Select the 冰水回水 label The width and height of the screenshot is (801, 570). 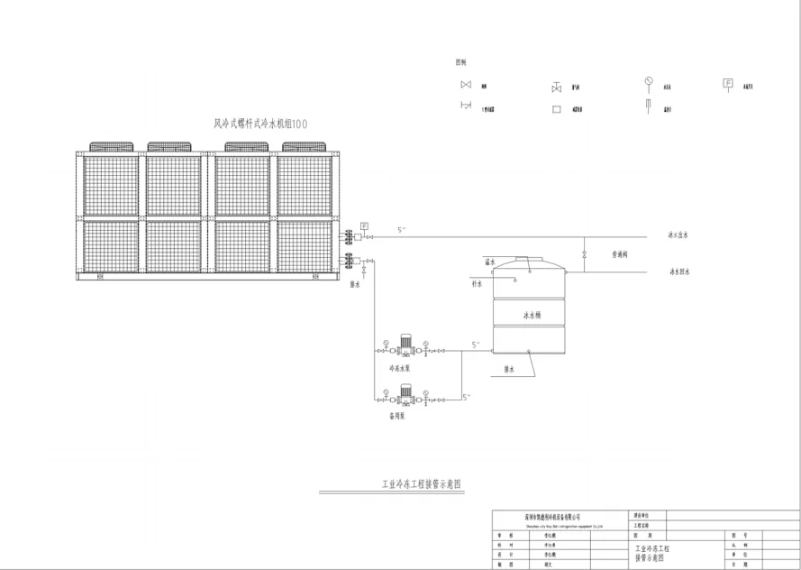coord(679,271)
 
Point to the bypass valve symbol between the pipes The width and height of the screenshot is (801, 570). coord(585,254)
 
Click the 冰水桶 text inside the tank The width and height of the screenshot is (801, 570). coord(531,316)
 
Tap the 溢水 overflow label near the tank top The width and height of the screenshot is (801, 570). coord(490,262)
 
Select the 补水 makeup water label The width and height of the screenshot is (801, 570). coord(478,283)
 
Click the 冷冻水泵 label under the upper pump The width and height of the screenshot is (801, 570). coord(399,368)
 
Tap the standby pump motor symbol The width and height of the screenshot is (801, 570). coord(405,392)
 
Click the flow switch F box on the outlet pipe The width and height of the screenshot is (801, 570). coord(364,225)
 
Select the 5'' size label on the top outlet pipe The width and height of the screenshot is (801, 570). coord(402,230)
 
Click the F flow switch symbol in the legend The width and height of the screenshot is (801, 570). coord(726,84)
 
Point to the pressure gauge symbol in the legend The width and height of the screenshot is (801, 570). coord(647,82)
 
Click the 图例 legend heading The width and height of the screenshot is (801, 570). coord(460,62)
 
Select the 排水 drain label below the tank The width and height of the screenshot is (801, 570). coord(509,368)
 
